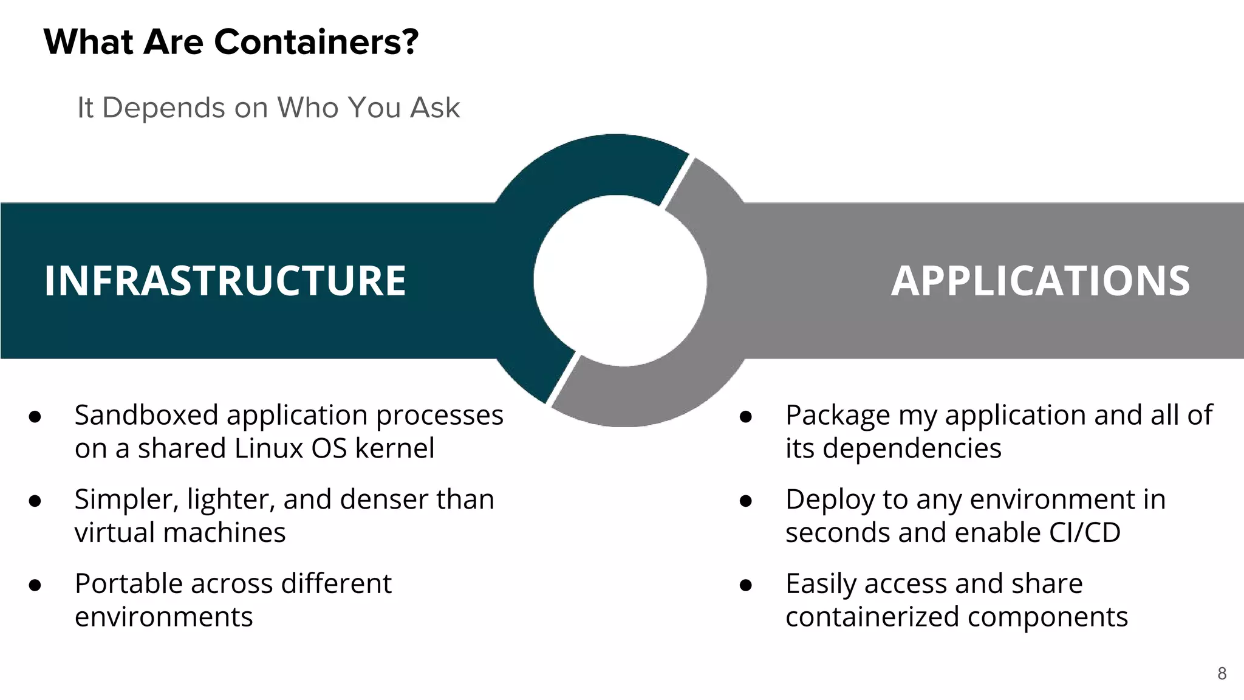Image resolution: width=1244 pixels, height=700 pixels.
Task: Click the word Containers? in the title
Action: point(316,42)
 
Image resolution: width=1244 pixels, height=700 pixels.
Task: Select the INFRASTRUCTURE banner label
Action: point(225,281)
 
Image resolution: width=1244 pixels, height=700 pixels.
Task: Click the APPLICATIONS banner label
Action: point(1040,281)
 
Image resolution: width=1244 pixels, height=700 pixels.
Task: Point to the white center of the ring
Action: point(620,281)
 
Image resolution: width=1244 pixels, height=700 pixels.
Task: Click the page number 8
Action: point(1222,673)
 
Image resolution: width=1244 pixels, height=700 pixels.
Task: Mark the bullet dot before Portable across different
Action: point(35,585)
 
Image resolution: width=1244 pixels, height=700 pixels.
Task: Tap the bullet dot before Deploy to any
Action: point(746,501)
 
